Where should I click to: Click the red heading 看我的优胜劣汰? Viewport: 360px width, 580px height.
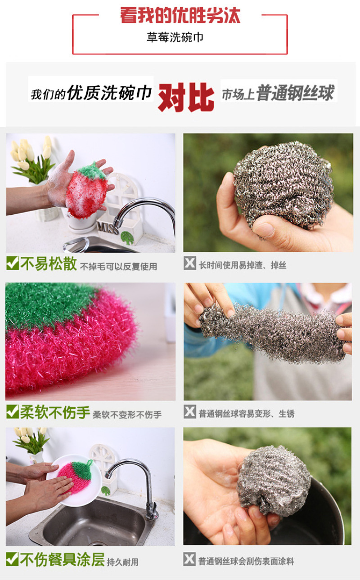(180, 15)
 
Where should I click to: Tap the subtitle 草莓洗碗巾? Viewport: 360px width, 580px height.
(175, 37)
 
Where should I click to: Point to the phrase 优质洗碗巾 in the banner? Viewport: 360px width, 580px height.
(109, 92)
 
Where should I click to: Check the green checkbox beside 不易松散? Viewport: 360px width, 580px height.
(13, 263)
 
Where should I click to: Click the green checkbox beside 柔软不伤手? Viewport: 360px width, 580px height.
(13, 411)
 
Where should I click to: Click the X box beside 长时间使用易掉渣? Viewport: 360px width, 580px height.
(190, 263)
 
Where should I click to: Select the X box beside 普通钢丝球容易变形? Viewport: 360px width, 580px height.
(190, 412)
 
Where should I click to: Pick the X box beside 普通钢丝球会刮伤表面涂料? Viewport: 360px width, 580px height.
(189, 559)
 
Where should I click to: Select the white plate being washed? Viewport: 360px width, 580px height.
(75, 480)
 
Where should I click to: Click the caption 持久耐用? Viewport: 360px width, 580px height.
(122, 562)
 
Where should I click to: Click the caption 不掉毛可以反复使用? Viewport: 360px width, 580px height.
(118, 266)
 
